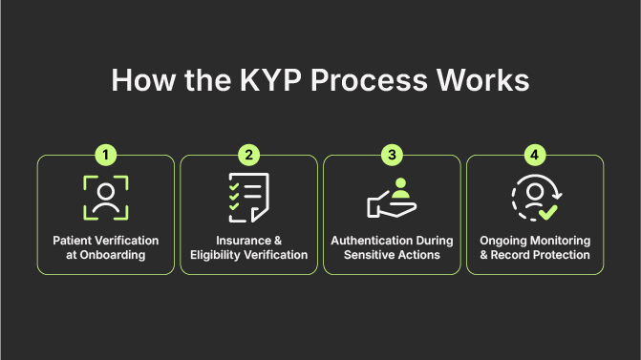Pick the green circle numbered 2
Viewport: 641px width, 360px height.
(248, 155)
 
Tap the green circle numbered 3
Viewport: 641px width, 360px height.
(392, 155)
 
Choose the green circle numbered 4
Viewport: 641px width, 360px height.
(535, 155)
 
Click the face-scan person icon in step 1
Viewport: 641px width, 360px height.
(105, 199)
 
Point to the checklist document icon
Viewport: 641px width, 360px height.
(247, 199)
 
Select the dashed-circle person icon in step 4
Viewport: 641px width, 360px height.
(531, 198)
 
